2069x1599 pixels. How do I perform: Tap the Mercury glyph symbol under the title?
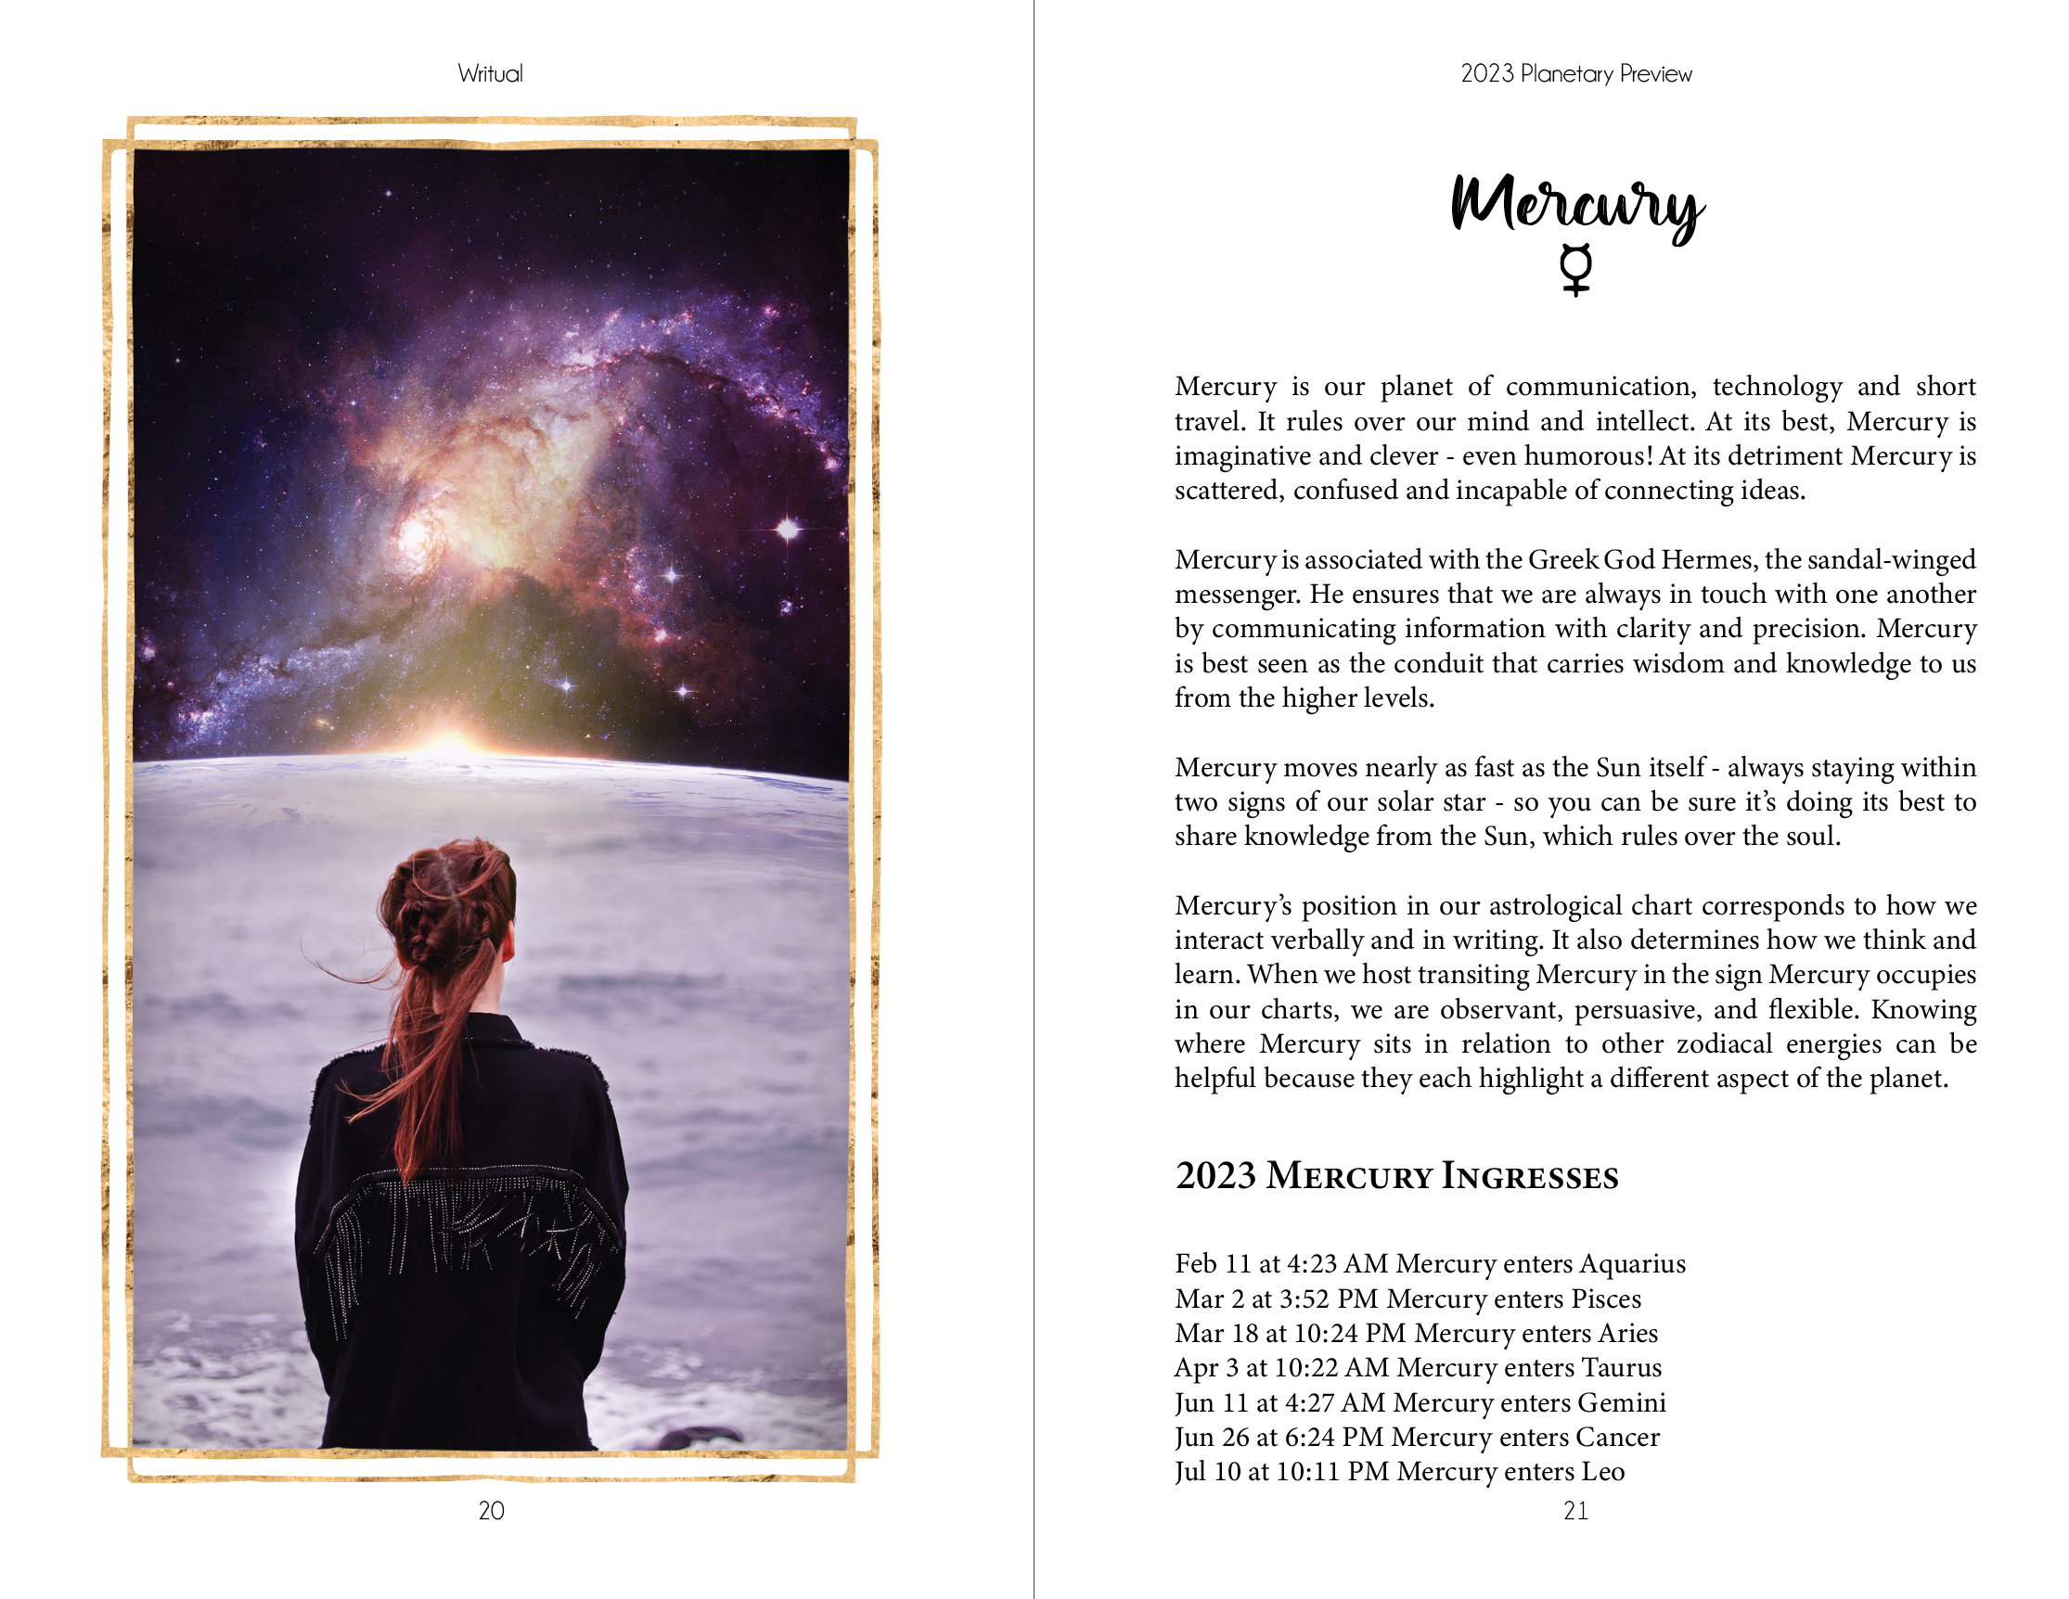coord(1575,270)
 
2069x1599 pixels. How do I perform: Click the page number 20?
coord(491,1511)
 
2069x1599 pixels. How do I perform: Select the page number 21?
coord(1575,1511)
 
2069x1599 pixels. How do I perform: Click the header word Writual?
coord(490,74)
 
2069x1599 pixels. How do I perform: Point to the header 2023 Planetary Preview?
coord(1575,74)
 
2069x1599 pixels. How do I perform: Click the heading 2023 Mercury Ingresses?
coord(1396,1176)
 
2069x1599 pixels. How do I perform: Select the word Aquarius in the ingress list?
coord(1632,1263)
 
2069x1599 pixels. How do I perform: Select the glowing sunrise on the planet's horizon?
coord(450,744)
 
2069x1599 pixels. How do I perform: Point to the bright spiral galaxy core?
coord(417,538)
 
